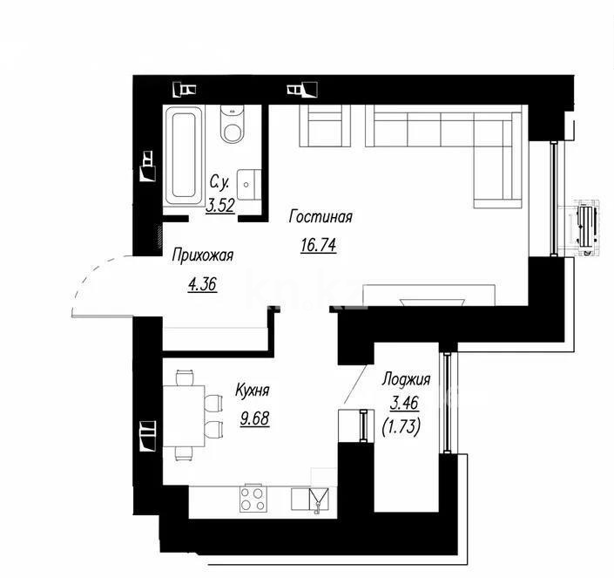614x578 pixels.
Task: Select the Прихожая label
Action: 203,255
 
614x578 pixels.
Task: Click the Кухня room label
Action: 251,392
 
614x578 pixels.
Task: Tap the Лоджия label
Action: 407,380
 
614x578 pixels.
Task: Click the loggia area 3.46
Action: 406,404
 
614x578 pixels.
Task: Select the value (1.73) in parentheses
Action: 406,427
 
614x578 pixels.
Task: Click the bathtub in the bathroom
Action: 184,154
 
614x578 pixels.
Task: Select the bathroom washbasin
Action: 248,182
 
